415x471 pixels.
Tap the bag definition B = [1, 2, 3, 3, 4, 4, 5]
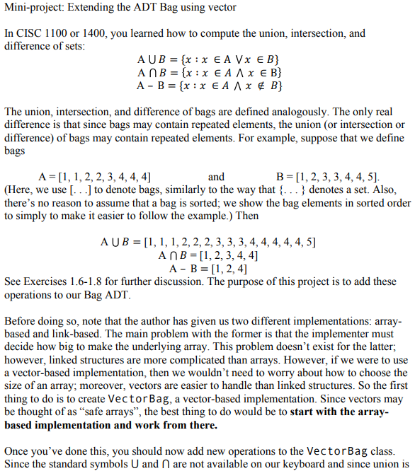327,177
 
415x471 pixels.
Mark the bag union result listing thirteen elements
208,242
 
